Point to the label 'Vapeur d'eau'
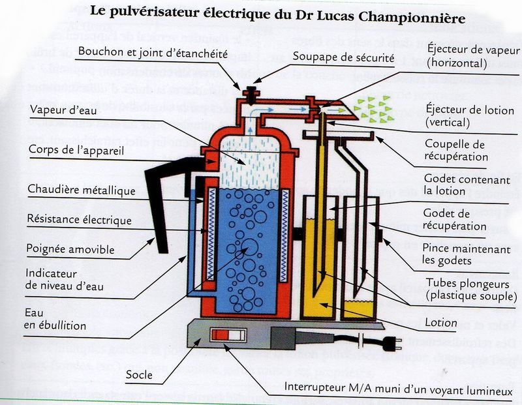click(x=63, y=110)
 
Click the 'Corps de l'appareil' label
click(x=77, y=150)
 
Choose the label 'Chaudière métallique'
click(x=82, y=190)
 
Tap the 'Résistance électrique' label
click(x=79, y=220)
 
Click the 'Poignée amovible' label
click(x=70, y=249)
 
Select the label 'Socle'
click(x=138, y=374)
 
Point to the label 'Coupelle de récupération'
click(x=455, y=150)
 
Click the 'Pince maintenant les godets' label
click(x=457, y=254)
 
